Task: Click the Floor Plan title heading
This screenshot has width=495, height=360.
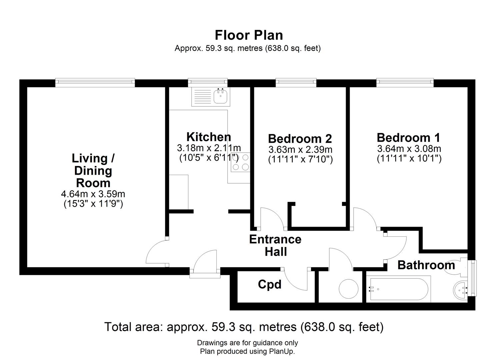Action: pyautogui.click(x=249, y=35)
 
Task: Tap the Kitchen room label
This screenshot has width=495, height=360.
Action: pyautogui.click(x=209, y=137)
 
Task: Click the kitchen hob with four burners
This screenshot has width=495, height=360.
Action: pyautogui.click(x=240, y=162)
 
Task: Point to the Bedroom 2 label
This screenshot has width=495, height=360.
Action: pyautogui.click(x=300, y=138)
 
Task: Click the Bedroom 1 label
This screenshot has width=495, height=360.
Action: pyautogui.click(x=408, y=137)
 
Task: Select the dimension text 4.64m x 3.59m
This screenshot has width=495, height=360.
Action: pyautogui.click(x=93, y=194)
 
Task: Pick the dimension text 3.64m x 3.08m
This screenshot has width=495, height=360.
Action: pyautogui.click(x=409, y=148)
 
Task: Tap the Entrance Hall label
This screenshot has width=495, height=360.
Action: pyautogui.click(x=275, y=245)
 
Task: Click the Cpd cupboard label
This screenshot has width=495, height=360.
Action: pyautogui.click(x=270, y=284)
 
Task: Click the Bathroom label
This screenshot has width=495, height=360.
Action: pyautogui.click(x=426, y=265)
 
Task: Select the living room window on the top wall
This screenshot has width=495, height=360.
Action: pyautogui.click(x=95, y=82)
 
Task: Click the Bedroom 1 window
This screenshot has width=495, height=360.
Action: pyautogui.click(x=405, y=82)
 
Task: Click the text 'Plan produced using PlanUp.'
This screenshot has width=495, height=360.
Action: pyautogui.click(x=247, y=351)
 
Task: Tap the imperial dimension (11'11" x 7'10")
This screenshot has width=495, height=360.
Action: pyautogui.click(x=300, y=160)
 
